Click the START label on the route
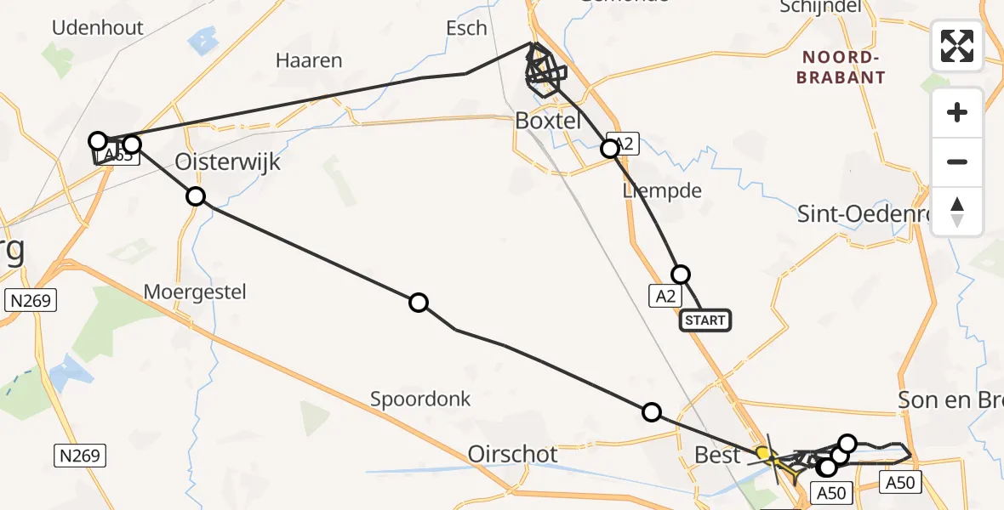coord(705,320)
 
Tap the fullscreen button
coord(957,46)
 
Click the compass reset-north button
coord(957,212)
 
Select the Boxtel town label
coord(548,121)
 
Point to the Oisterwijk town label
coord(227,161)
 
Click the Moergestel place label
coord(195,292)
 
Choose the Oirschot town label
coord(513,455)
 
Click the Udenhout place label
coord(98,27)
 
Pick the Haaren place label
coord(309,60)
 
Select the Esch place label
coord(467,28)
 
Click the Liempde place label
coord(662,190)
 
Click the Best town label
coord(717,455)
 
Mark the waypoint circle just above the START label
coord(681,275)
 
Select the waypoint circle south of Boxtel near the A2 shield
coord(610,149)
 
